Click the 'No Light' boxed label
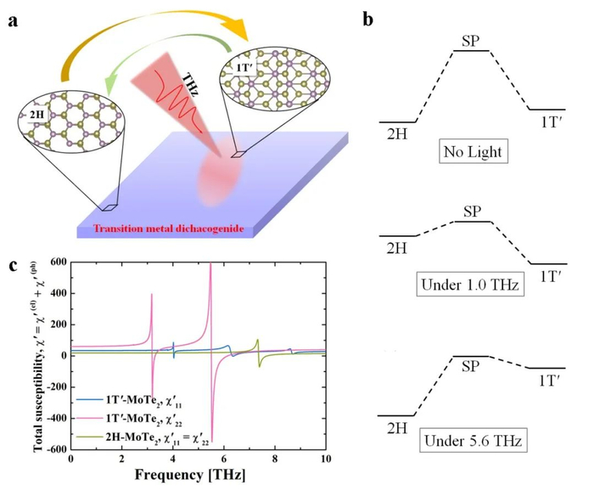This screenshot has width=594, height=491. pyautogui.click(x=474, y=152)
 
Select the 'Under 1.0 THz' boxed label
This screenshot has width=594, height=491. pyautogui.click(x=470, y=284)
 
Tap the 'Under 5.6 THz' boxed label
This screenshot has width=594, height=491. pyautogui.click(x=474, y=441)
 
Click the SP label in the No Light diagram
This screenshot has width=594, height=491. pyautogui.click(x=471, y=42)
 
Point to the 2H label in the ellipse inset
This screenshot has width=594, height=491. pyautogui.click(x=36, y=114)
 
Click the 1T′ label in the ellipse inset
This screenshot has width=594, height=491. pyautogui.click(x=244, y=68)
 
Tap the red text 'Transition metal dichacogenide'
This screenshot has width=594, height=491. pyautogui.click(x=169, y=229)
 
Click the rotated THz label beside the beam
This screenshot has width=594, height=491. pyautogui.click(x=190, y=85)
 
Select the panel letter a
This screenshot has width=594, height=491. pyautogui.click(x=14, y=21)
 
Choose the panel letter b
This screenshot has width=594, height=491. pyautogui.click(x=367, y=19)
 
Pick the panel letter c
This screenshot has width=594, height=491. pyautogui.click(x=14, y=266)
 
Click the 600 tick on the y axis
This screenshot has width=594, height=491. pyautogui.click(x=59, y=262)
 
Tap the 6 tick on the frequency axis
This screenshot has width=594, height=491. pyautogui.click(x=224, y=460)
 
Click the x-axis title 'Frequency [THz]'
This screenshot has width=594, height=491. pyautogui.click(x=190, y=475)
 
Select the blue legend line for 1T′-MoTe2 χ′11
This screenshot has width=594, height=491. pyautogui.click(x=89, y=399)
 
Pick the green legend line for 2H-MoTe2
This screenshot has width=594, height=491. pyautogui.click(x=89, y=437)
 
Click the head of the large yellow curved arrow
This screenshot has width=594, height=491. pyautogui.click(x=238, y=31)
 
